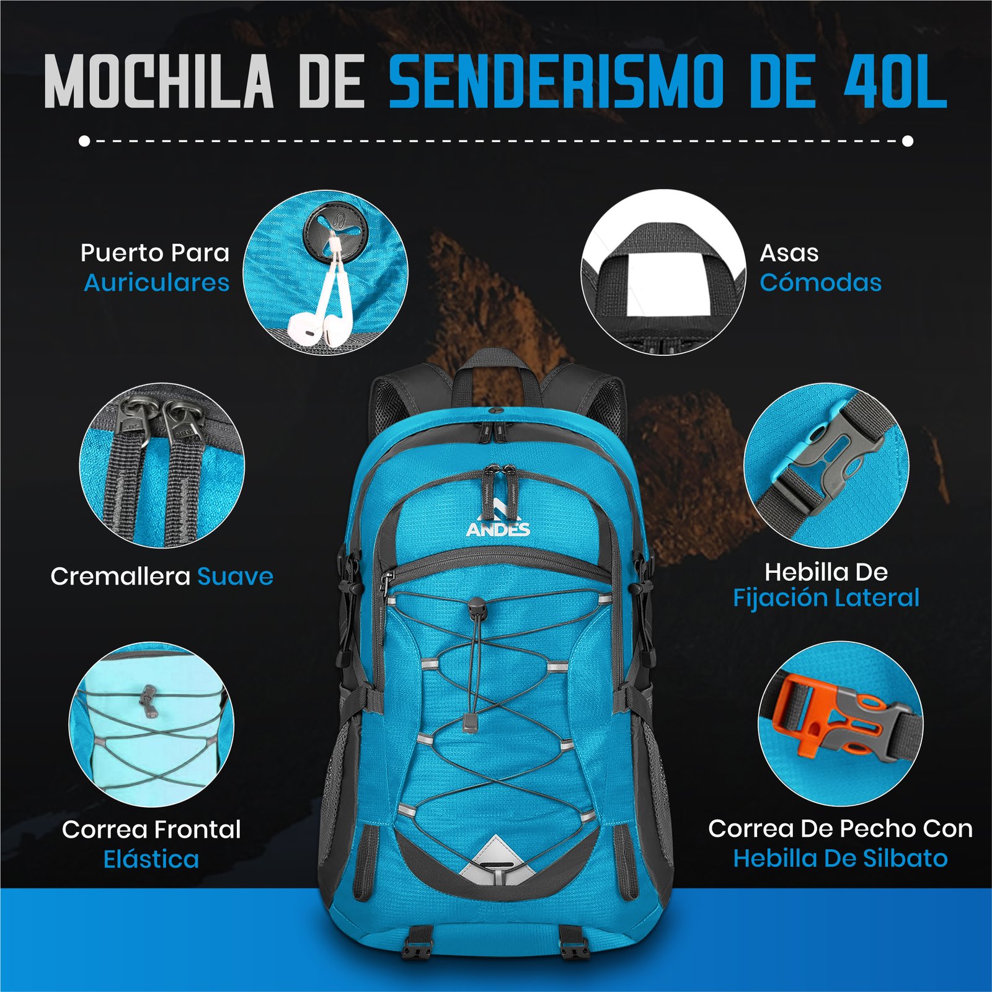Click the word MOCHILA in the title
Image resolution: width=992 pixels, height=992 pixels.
point(159,82)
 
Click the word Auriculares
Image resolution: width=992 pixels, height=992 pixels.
point(157,283)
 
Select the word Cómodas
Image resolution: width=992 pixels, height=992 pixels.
point(820,283)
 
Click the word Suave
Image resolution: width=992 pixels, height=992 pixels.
point(236,577)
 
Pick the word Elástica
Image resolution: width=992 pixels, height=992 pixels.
point(151,859)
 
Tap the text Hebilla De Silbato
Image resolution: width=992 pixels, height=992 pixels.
point(840,859)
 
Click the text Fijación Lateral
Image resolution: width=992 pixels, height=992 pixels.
point(826,598)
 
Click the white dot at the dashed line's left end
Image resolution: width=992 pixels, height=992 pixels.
point(84,141)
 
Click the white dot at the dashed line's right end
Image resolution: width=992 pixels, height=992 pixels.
point(908,141)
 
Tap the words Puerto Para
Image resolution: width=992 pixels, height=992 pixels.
point(155,253)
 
